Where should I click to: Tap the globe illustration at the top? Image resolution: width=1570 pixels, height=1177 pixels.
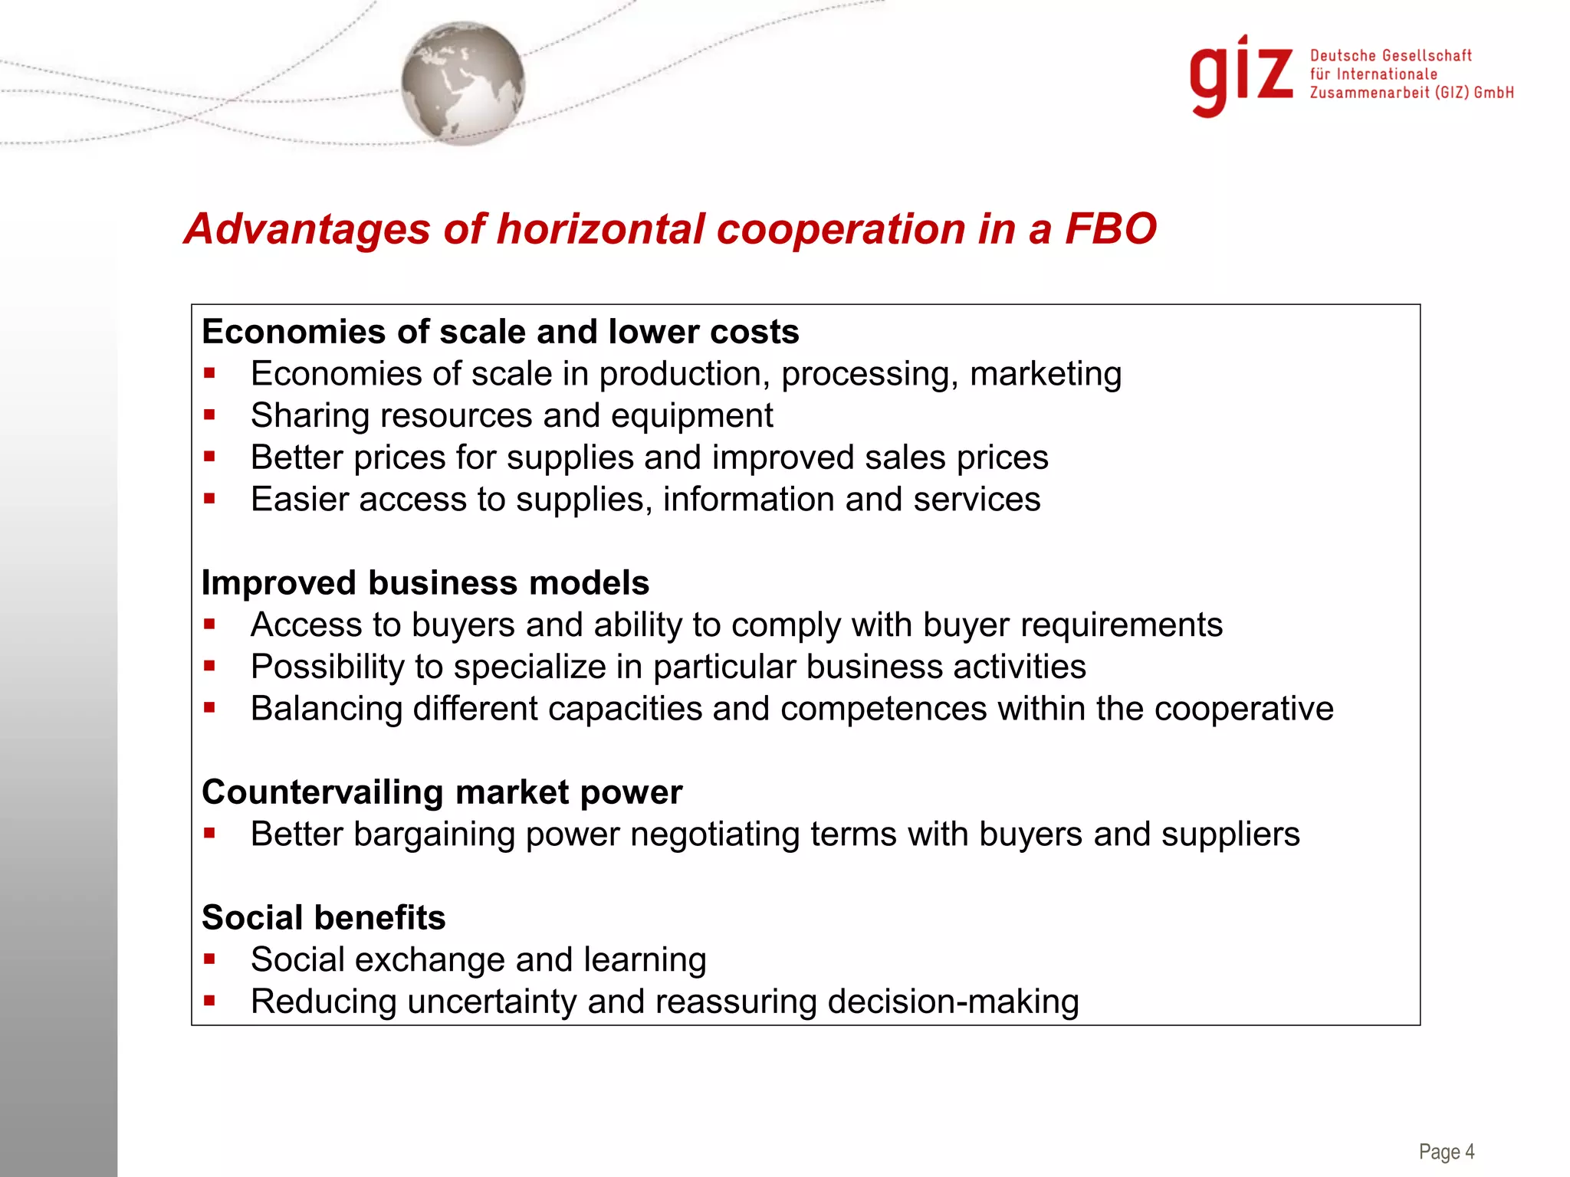(x=463, y=83)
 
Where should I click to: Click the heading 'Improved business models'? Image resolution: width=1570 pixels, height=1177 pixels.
(x=425, y=583)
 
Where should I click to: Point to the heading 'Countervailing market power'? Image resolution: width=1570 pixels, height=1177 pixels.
(x=442, y=792)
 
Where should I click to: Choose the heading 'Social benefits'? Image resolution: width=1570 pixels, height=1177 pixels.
(x=324, y=918)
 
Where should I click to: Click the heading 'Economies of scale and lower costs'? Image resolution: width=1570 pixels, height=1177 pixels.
(x=501, y=332)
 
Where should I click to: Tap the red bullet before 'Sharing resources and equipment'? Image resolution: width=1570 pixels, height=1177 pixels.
(x=209, y=415)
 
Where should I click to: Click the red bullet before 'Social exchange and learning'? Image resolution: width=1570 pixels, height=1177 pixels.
(x=209, y=959)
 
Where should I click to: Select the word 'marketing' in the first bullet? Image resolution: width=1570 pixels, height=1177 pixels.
(x=1046, y=374)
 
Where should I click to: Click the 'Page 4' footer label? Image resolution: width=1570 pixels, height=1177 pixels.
(x=1447, y=1152)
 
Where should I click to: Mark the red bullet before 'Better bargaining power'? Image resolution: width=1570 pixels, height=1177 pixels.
(x=209, y=833)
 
